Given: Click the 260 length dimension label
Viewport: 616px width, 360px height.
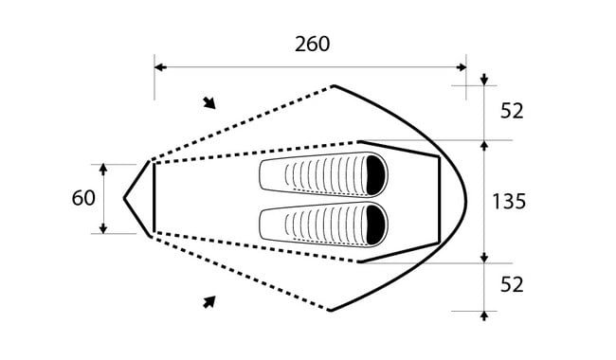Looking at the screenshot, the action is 313,44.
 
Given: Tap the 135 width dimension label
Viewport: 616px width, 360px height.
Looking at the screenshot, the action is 509,202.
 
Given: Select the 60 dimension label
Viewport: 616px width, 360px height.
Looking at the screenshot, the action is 83,198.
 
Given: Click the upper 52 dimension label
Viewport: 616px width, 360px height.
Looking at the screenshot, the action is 512,111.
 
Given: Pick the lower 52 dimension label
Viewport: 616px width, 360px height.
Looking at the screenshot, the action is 512,284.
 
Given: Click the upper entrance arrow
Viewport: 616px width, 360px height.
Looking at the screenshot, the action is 209,103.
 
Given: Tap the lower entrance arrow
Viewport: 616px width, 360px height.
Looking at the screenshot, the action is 209,302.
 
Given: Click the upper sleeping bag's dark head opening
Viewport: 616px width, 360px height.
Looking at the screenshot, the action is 375,174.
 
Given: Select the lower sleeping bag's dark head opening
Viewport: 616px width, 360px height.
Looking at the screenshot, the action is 375,225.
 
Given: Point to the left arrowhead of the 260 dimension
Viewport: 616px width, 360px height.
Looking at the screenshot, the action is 160,67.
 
